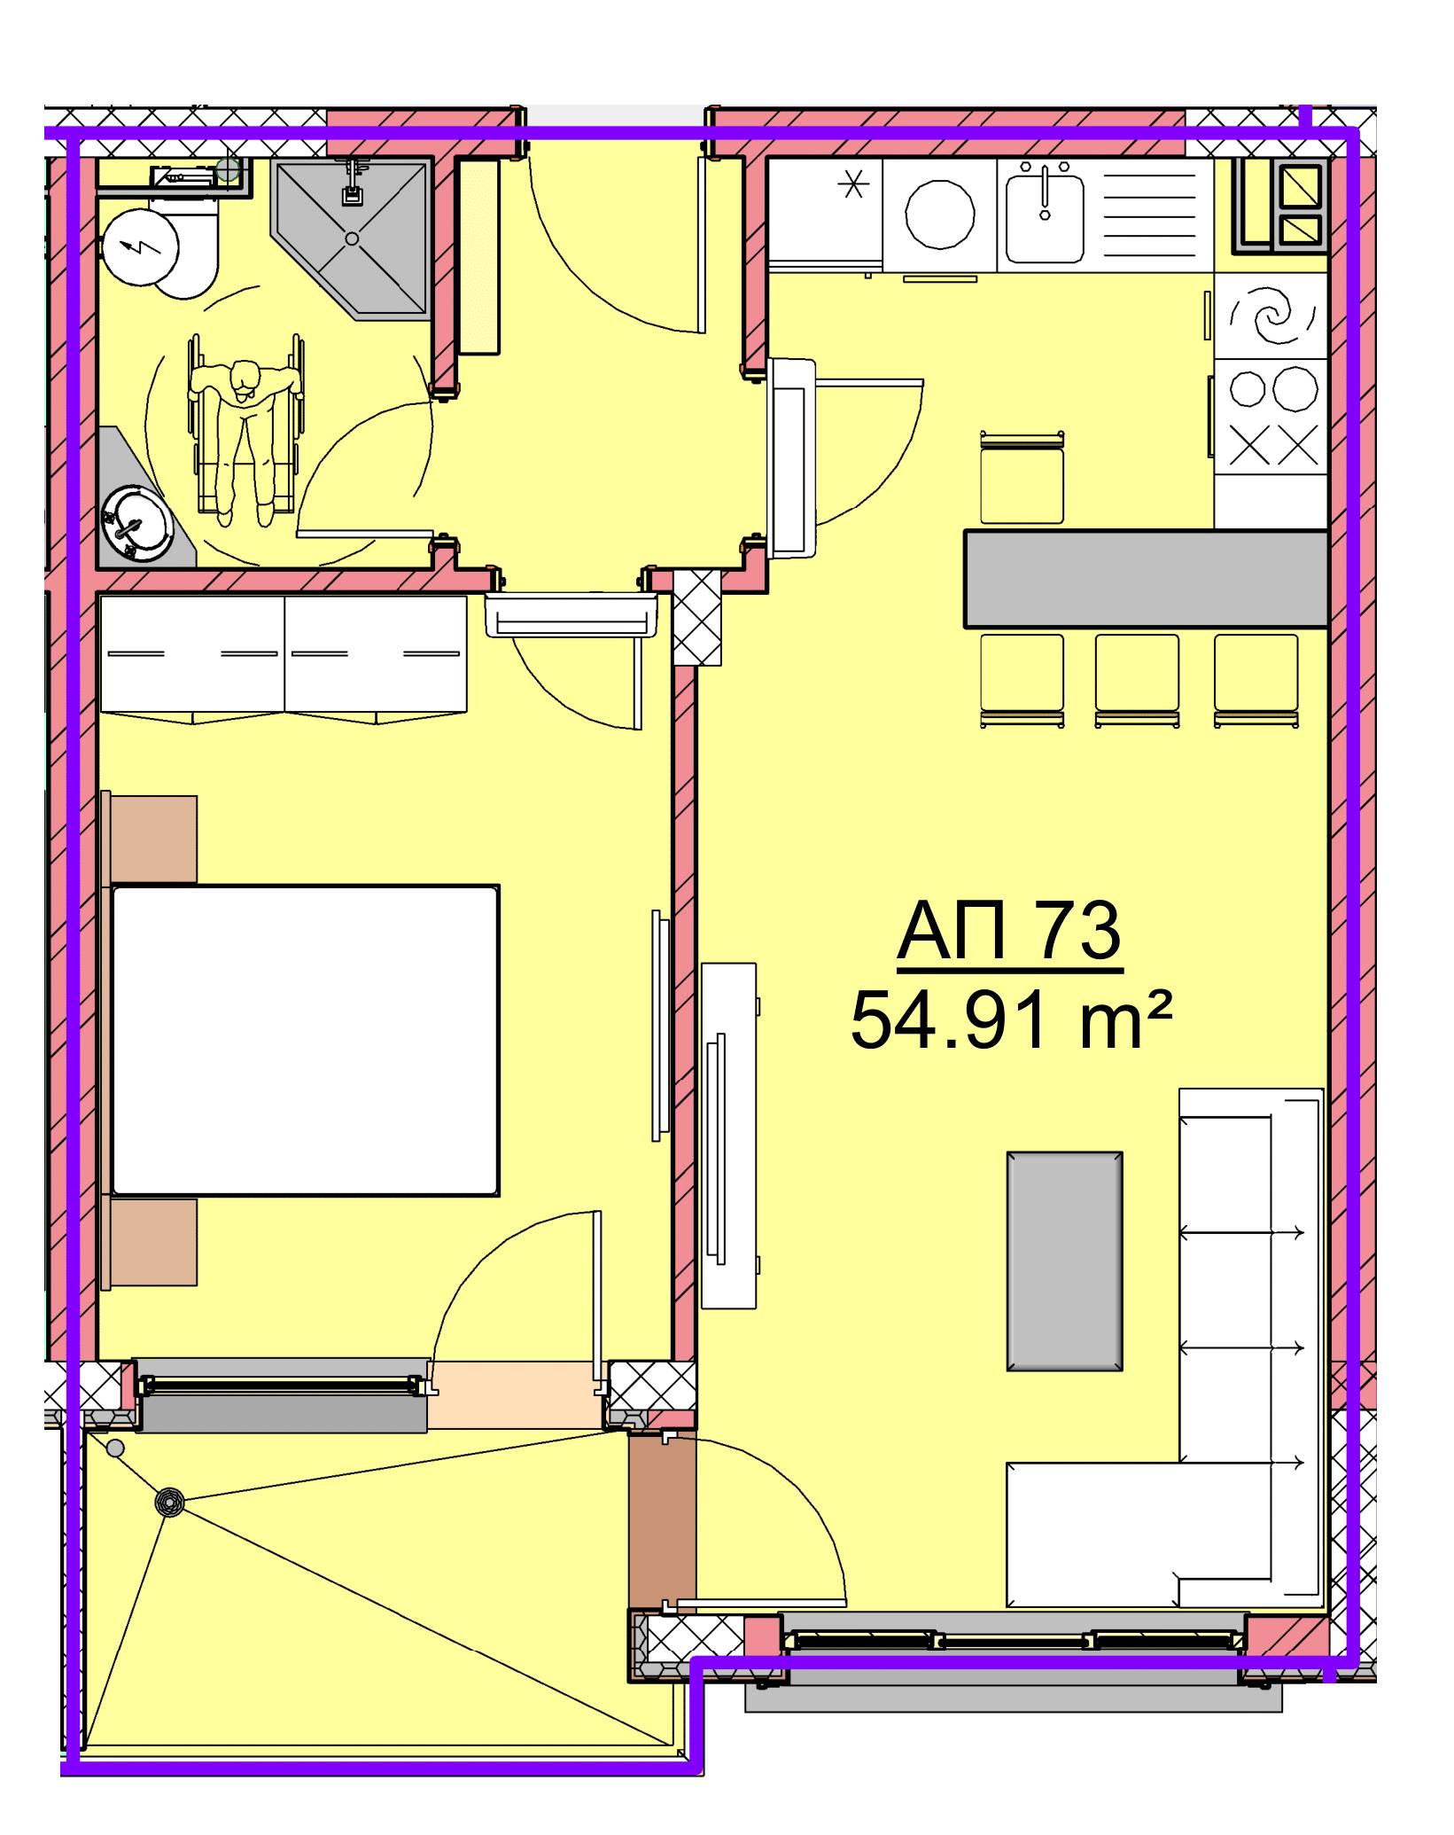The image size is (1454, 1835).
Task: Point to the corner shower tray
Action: (352, 238)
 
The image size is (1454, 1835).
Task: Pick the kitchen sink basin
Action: (1046, 216)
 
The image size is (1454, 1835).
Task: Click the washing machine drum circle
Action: (940, 215)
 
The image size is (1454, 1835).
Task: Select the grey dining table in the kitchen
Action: (1147, 579)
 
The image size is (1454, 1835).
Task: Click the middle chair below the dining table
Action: (1137, 681)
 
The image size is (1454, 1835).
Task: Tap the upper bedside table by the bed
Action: (151, 839)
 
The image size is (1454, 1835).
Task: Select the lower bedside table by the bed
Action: (151, 1242)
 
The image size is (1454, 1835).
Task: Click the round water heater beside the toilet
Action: (139, 246)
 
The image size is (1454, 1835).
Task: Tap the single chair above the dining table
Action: (1022, 479)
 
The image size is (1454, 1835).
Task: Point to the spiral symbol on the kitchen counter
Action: (1273, 316)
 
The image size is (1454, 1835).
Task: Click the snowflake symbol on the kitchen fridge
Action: (851, 187)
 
